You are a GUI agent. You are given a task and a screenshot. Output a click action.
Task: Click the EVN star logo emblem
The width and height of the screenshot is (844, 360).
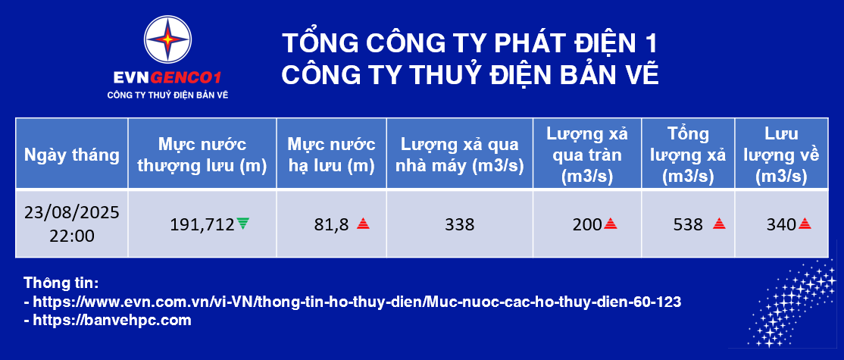pyautogui.click(x=168, y=39)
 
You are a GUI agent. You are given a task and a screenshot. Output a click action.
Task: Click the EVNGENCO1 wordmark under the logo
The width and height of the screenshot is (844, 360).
pyautogui.click(x=168, y=78)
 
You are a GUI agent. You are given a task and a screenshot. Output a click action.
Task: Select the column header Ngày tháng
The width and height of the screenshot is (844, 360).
pyautogui.click(x=71, y=155)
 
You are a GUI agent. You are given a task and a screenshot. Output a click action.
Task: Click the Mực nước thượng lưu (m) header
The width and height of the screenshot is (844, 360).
pyautogui.click(x=202, y=155)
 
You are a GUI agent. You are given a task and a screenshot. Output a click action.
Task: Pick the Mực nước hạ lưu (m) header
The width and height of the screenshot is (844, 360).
pyautogui.click(x=331, y=155)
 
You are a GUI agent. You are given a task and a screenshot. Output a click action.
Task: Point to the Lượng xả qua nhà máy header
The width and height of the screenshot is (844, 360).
pyautogui.click(x=460, y=155)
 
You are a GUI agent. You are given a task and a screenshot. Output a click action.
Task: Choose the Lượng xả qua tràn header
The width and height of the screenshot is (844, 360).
pyautogui.click(x=587, y=155)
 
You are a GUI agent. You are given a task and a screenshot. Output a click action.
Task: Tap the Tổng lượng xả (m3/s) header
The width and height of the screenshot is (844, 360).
pyautogui.click(x=688, y=155)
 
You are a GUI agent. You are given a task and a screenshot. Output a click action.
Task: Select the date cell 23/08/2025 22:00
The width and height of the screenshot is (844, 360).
pyautogui.click(x=71, y=224)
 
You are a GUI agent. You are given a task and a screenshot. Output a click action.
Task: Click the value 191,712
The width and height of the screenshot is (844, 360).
pyautogui.click(x=202, y=224)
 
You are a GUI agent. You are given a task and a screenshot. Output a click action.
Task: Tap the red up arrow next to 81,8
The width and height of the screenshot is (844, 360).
pyautogui.click(x=364, y=224)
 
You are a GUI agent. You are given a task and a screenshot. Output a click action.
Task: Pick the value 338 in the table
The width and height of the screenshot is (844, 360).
pyautogui.click(x=460, y=224)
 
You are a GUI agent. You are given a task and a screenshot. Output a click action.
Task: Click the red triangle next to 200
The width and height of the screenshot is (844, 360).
pyautogui.click(x=611, y=224)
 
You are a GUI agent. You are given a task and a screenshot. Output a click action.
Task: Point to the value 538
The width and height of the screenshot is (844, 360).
pyautogui.click(x=688, y=224)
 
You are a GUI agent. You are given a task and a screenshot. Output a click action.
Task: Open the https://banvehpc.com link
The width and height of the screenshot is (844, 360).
pyautogui.click(x=112, y=321)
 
